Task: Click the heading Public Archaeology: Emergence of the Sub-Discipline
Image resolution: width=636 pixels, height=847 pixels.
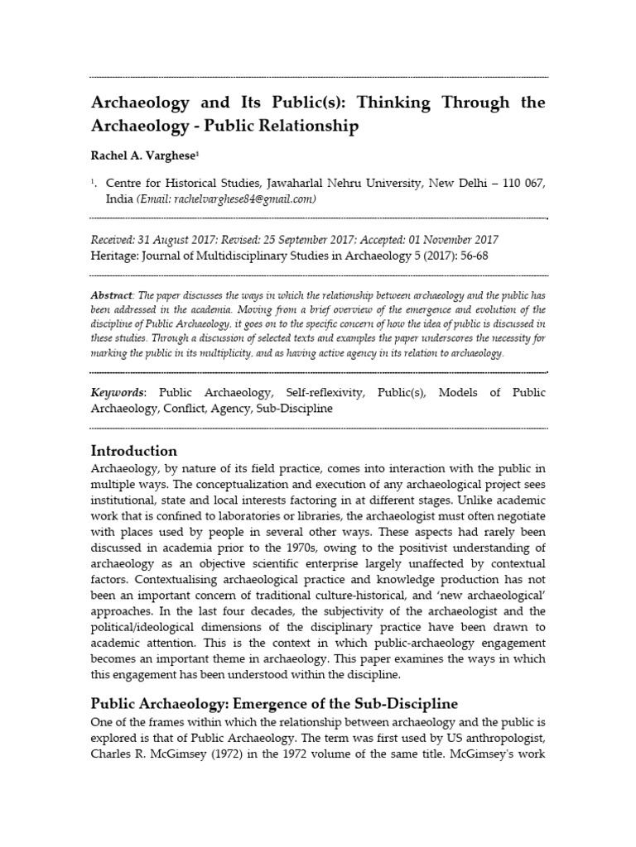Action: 273,704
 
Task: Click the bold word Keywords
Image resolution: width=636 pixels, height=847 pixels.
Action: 116,392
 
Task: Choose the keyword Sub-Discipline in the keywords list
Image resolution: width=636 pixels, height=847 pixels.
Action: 293,408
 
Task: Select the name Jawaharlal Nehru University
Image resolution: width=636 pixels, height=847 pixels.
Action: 318,182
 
